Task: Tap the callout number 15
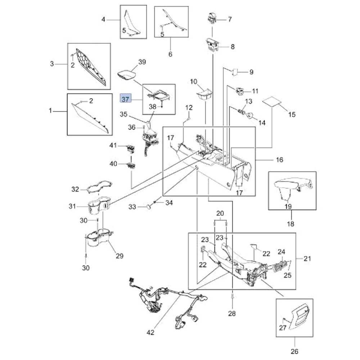292,114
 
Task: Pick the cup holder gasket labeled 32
95,186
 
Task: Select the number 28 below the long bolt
232,314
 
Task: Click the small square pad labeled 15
271,102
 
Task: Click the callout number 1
50,111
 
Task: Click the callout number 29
120,256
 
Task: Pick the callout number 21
307,258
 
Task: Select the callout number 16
279,159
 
